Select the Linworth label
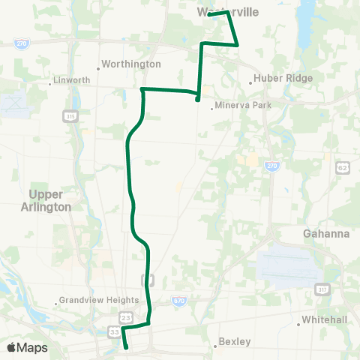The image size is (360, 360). [73, 80]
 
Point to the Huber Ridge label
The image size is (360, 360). [279, 77]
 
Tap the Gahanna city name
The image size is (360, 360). [326, 233]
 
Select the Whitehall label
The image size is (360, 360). [322, 319]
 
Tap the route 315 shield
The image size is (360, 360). [67, 116]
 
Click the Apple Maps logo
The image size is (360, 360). [27, 347]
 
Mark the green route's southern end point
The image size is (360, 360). [126, 347]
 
